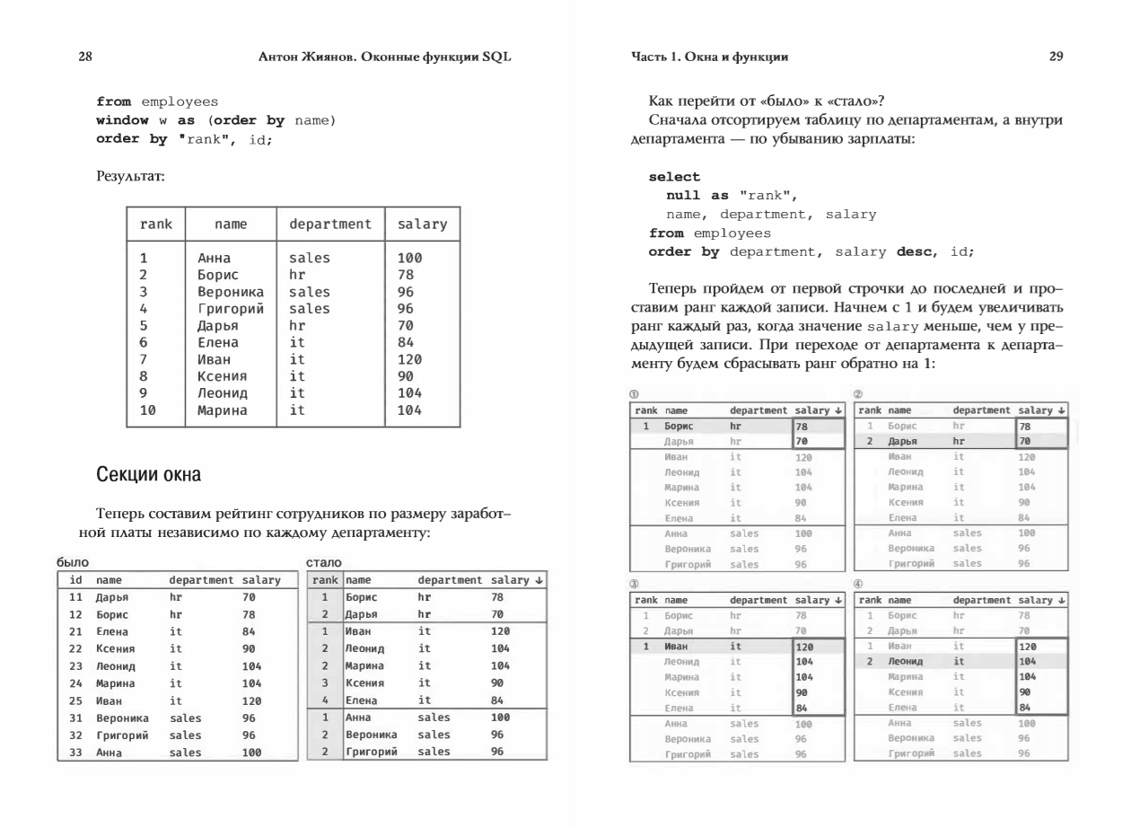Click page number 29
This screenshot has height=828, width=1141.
pyautogui.click(x=1056, y=57)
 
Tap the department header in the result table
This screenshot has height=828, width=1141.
pyautogui.click(x=329, y=224)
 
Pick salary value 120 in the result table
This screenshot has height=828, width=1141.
pyautogui.click(x=409, y=359)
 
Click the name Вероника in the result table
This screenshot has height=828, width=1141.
pyautogui.click(x=230, y=292)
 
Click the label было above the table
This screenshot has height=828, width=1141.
pyautogui.click(x=72, y=561)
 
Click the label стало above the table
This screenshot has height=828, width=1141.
pyautogui.click(x=321, y=561)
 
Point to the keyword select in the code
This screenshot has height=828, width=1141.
pyautogui.click(x=674, y=178)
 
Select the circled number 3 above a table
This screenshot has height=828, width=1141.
pyautogui.click(x=636, y=583)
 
